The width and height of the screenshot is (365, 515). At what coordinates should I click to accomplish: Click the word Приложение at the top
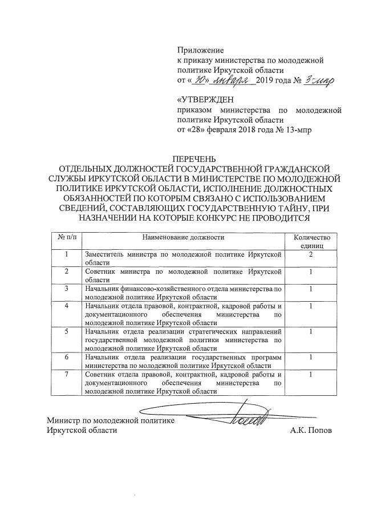coord(200,51)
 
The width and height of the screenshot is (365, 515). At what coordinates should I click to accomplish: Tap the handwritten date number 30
coord(197,80)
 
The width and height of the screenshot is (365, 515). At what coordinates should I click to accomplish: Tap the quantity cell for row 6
coord(311,357)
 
